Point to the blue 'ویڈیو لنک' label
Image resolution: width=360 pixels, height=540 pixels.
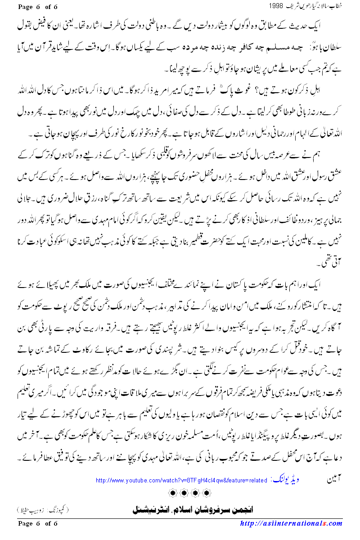pos(285,480)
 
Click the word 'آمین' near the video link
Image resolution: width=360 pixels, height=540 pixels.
pos(334,480)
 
